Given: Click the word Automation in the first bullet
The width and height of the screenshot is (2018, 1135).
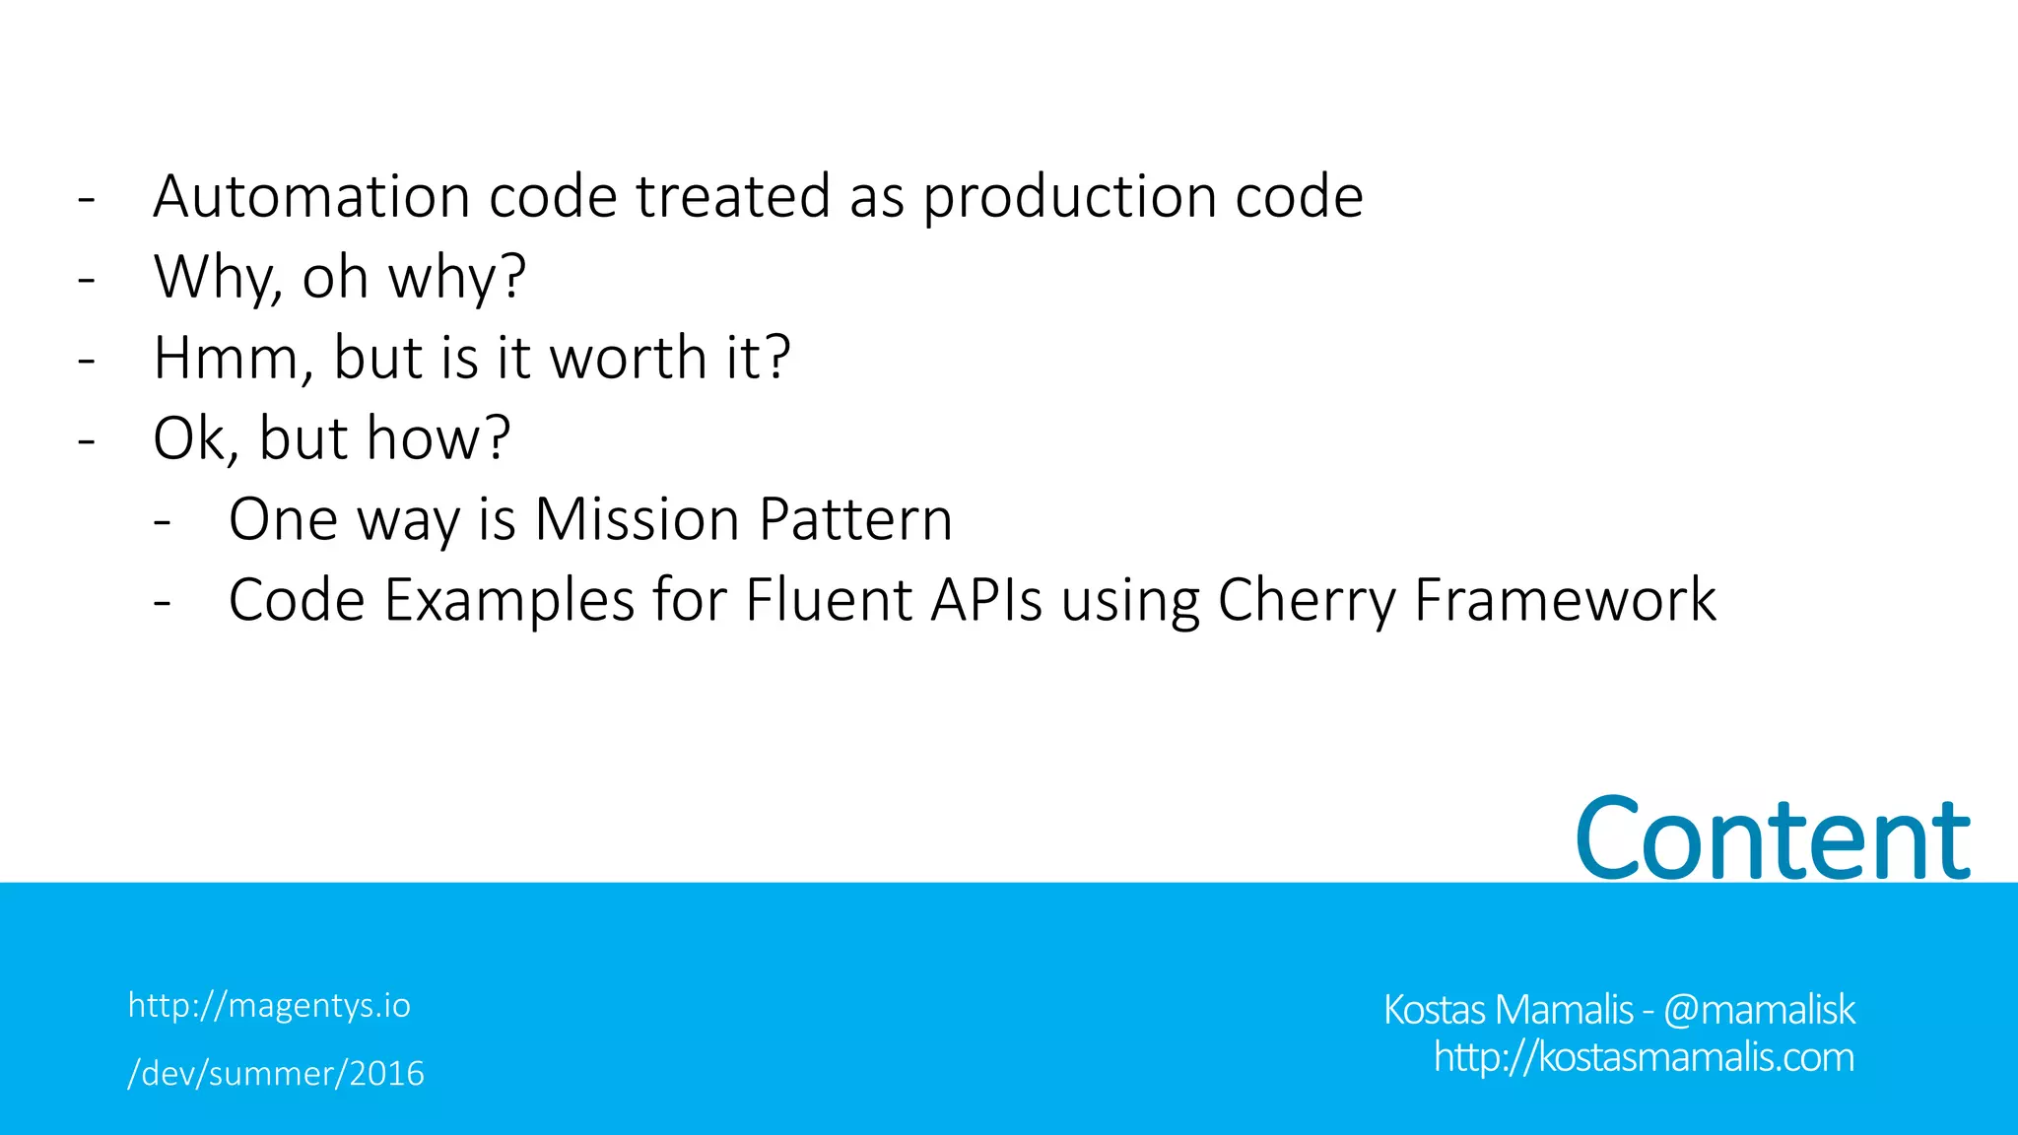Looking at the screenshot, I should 311,196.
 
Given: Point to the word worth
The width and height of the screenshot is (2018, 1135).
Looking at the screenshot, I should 627,358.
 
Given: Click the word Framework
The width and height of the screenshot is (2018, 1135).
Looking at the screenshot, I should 1565,600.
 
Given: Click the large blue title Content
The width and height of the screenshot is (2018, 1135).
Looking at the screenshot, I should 1772,838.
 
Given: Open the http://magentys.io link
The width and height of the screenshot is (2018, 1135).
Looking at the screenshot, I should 269,1006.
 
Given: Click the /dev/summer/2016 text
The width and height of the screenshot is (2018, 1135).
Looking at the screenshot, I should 276,1073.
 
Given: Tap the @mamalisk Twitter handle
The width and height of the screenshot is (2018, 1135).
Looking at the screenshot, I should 1759,1010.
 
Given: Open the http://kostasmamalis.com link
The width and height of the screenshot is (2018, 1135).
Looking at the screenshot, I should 1644,1057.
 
